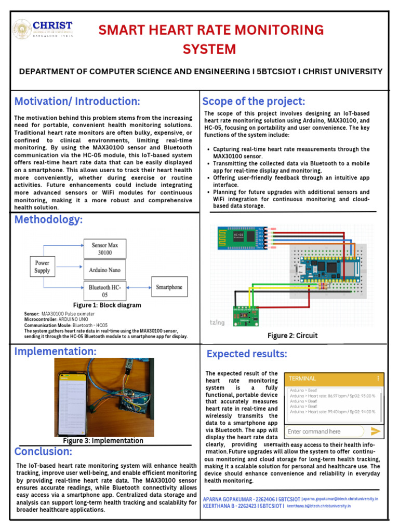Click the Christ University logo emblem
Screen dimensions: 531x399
pyautogui.click(x=22, y=30)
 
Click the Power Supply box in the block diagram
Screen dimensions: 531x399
pyautogui.click(x=42, y=267)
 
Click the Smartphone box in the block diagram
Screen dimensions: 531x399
pyautogui.click(x=169, y=287)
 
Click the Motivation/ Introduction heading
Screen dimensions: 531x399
pyautogui.click(x=77, y=101)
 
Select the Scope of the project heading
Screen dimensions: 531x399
pyautogui.click(x=254, y=101)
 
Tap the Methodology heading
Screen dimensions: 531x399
pyautogui.click(x=48, y=219)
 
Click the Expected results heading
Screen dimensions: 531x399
pyautogui.click(x=247, y=354)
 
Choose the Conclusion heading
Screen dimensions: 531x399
pyautogui.click(x=43, y=452)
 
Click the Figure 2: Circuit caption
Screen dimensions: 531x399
pyautogui.click(x=292, y=336)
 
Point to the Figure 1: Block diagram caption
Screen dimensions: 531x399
pyautogui.click(x=107, y=305)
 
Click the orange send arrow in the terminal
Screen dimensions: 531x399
pyautogui.click(x=376, y=431)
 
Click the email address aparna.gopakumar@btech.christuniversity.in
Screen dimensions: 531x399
pyautogui.click(x=340, y=499)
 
